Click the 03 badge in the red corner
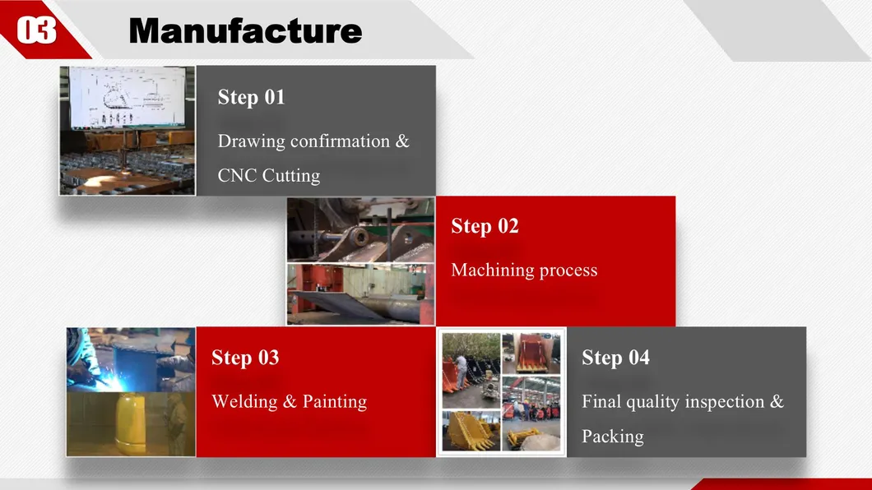tap(37, 30)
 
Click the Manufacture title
tap(245, 30)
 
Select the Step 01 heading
tap(252, 97)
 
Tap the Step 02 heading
tap(485, 225)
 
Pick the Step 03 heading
tap(245, 357)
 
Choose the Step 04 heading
tap(615, 357)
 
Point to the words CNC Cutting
tap(269, 176)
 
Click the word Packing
tap(613, 437)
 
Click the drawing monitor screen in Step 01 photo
tap(128, 97)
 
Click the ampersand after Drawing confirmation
tap(402, 141)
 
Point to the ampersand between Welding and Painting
tap(290, 402)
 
